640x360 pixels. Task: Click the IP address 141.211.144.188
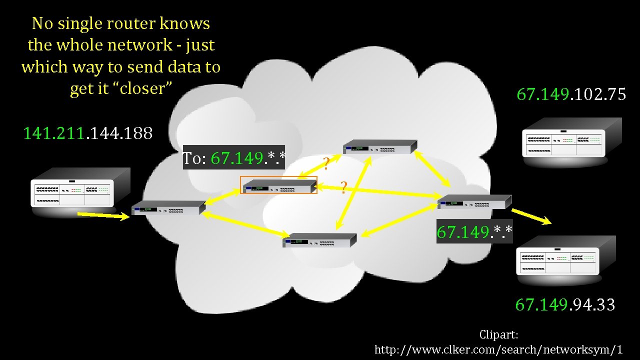[x=88, y=133]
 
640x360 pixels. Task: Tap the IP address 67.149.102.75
[x=571, y=94]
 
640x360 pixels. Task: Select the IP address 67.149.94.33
[x=565, y=304]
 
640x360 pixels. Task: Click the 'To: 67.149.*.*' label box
[x=234, y=158]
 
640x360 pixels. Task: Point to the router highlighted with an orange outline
[x=279, y=185]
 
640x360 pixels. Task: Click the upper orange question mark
[x=325, y=163]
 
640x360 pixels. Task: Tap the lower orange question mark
[x=343, y=187]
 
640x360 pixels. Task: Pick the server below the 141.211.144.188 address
[x=80, y=190]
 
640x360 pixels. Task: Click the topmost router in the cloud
[x=379, y=146]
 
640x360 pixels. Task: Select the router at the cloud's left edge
[x=168, y=207]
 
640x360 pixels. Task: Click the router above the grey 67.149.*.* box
[x=474, y=201]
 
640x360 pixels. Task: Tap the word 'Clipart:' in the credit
[x=498, y=334]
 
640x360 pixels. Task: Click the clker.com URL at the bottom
[x=498, y=349]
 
